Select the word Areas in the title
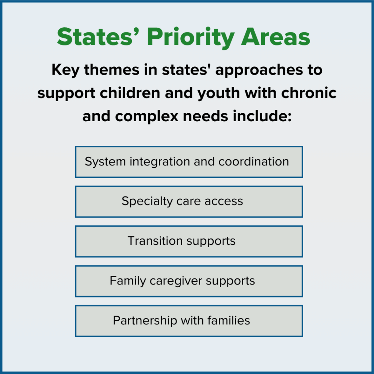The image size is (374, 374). (275, 37)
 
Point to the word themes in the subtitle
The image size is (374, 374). (112, 70)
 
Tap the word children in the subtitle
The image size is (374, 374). (130, 93)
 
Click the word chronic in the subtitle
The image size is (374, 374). (309, 93)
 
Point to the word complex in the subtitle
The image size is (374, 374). (147, 117)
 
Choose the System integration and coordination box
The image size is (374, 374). (189, 162)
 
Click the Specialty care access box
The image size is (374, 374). (189, 202)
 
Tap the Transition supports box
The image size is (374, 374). (189, 241)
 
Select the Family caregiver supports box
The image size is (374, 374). (189, 281)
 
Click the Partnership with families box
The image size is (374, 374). (189, 321)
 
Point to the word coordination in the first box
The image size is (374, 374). (254, 162)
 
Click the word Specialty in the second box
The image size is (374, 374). (147, 202)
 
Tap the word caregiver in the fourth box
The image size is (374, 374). (176, 281)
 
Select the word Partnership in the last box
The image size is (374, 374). (145, 321)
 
